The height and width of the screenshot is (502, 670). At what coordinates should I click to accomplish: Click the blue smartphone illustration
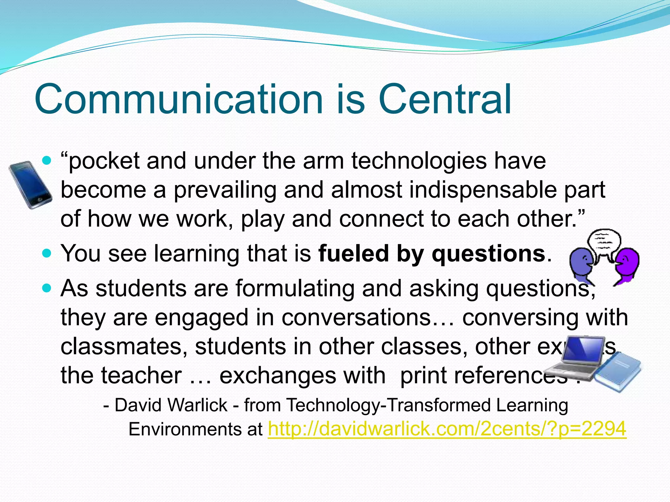point(30,185)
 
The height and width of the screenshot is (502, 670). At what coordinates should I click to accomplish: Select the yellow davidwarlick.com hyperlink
point(447,429)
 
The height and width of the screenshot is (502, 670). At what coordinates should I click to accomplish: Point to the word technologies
point(419,161)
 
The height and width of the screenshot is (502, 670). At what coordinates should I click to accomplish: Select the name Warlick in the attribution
point(198,405)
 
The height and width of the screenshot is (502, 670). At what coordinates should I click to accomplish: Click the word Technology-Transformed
point(389,405)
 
